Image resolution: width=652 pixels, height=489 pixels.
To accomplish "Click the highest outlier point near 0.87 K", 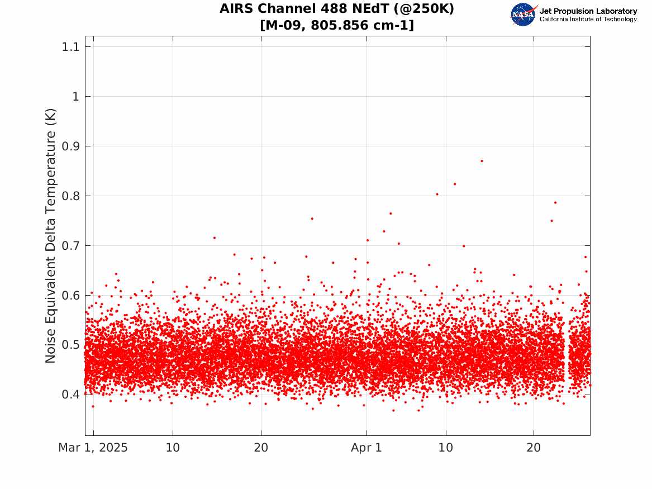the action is [x=482, y=161].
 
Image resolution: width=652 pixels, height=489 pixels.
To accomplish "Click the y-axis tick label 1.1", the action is [x=70, y=46].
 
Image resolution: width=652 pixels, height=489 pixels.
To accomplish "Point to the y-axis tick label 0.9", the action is [x=70, y=146].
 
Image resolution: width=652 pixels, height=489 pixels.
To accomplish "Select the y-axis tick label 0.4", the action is [x=70, y=394].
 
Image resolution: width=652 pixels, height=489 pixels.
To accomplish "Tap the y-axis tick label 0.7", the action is [x=70, y=245].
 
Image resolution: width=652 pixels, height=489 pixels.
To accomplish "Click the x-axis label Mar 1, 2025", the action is [x=93, y=448].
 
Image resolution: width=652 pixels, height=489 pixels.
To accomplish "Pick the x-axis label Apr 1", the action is [x=367, y=448].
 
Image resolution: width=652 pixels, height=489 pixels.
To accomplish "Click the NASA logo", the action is [x=523, y=15].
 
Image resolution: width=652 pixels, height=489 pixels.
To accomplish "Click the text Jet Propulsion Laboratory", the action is [x=588, y=11].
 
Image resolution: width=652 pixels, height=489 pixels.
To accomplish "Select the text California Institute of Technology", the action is [x=588, y=19].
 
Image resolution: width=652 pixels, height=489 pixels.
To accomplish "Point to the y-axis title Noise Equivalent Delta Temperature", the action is [x=50, y=236].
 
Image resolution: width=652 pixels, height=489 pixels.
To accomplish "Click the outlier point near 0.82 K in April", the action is [x=455, y=184].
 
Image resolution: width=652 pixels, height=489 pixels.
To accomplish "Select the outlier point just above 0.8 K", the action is [x=437, y=194].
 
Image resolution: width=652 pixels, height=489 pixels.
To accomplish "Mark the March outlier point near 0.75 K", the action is [x=312, y=219].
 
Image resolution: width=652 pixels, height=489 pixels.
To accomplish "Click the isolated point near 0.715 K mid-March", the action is [x=214, y=238].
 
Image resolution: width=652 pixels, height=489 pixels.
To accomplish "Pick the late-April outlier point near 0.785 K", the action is [x=555, y=202].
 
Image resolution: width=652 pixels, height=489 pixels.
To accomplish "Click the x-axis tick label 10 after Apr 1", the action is [x=446, y=448].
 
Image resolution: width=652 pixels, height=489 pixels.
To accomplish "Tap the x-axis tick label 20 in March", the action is [x=261, y=448].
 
